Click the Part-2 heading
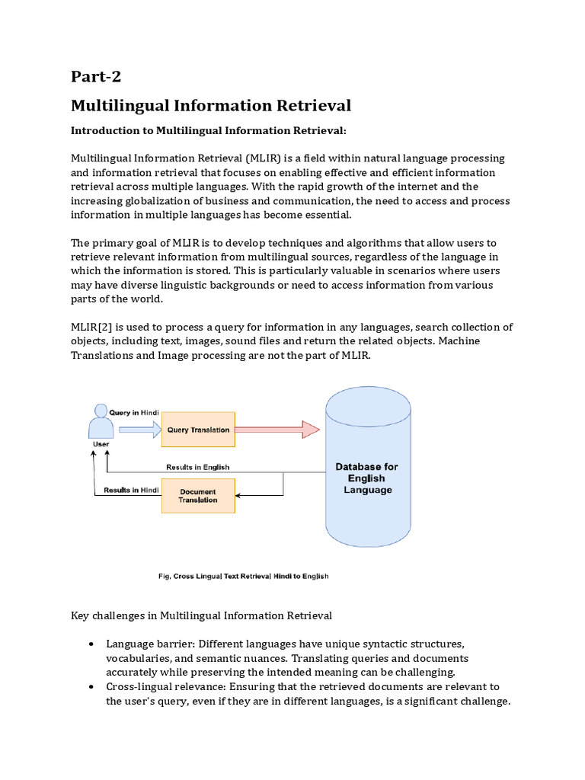tap(96, 76)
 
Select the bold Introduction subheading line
tap(209, 131)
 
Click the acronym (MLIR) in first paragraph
tap(266, 158)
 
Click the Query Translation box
tap(198, 430)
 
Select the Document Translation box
tap(198, 496)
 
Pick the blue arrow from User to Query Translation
tap(138, 430)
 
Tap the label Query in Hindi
tap(133, 412)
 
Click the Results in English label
tap(197, 467)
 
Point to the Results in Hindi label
tap(131, 490)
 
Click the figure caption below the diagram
tap(238, 576)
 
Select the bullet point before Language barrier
tap(91, 644)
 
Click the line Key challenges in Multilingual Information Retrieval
tap(201, 615)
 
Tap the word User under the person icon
tap(100, 444)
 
